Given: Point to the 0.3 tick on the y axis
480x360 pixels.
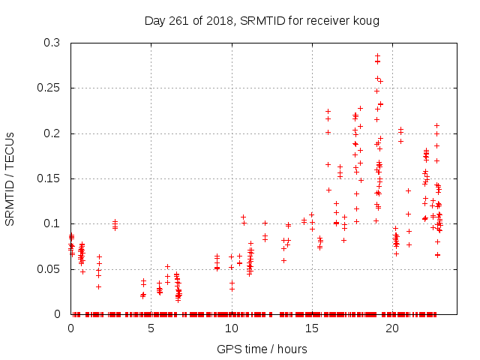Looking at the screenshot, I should [53, 43].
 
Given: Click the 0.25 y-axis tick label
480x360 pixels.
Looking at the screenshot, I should [50, 88].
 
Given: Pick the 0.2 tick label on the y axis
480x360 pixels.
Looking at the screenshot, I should [53, 133].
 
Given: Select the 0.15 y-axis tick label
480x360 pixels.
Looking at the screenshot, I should [50, 178].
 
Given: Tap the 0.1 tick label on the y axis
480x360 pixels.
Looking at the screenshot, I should [53, 223].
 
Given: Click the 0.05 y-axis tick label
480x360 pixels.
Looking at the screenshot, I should [50, 268].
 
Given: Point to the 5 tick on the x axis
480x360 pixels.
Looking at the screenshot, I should [151, 328].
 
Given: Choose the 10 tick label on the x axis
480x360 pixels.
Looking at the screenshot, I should [231, 328].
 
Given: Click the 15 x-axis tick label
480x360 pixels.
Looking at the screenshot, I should [311, 328].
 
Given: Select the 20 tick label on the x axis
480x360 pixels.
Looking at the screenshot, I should [391, 328].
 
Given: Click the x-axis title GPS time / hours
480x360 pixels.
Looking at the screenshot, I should [262, 349].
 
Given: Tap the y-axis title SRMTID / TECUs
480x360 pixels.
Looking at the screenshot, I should [10, 178].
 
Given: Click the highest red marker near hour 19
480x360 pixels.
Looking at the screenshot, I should [377, 55].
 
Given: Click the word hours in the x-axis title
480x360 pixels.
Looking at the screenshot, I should [291, 349].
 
